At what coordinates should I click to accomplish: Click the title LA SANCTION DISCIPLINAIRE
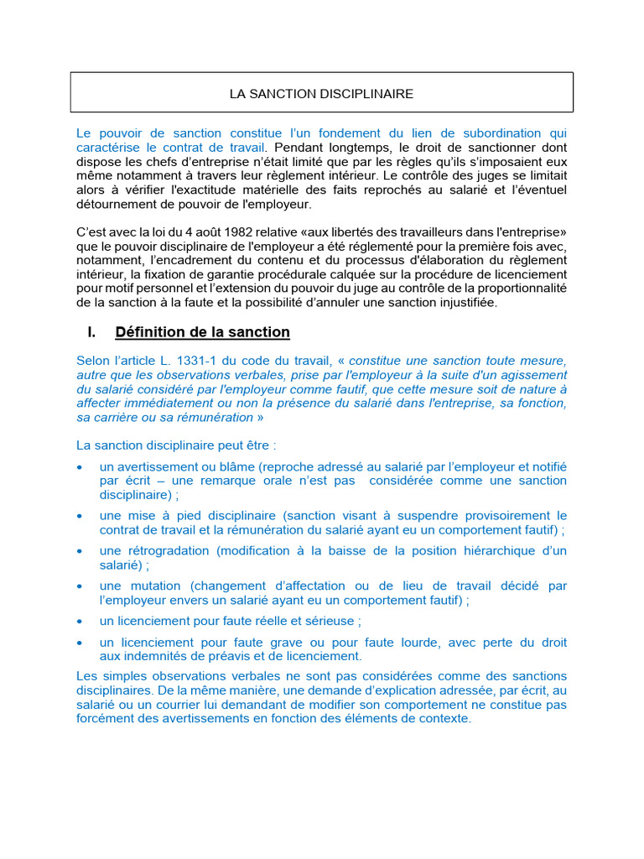click(x=321, y=94)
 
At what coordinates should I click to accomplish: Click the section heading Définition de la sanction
click(x=202, y=332)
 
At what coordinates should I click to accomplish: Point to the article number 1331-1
click(x=190, y=360)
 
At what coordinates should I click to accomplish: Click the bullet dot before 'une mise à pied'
click(x=79, y=515)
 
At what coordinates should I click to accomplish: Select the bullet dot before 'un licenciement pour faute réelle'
click(x=79, y=621)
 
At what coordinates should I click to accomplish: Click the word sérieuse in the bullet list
click(x=331, y=621)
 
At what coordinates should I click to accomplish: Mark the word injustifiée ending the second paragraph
click(x=466, y=302)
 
